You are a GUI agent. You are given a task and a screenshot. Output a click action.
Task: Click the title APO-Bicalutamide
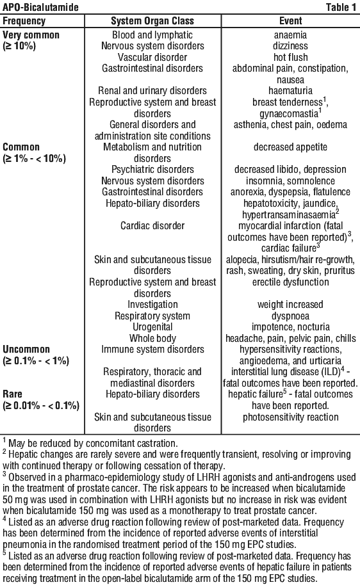pos(41,7)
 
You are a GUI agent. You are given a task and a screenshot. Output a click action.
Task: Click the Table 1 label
pos(341,7)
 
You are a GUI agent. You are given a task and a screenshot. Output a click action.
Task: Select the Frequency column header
pos(24,21)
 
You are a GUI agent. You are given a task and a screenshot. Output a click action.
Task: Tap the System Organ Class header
pos(152,21)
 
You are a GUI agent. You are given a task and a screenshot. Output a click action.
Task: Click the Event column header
pos(291,21)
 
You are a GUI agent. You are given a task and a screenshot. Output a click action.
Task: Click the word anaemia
pos(290,35)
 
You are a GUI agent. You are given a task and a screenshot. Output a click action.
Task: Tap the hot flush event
pos(291,57)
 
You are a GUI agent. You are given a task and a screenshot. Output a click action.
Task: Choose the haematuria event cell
pos(290,91)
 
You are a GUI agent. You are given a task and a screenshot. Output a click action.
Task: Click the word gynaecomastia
pos(288,113)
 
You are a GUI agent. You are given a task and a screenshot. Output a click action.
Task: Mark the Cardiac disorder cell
pos(152,226)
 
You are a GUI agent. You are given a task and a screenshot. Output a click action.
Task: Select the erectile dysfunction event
pos(291,282)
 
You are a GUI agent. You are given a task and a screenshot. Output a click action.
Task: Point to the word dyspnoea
pos(291,316)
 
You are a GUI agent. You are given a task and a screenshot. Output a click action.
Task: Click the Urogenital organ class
pos(152,327)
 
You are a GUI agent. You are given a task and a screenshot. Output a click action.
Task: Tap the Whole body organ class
pos(152,339)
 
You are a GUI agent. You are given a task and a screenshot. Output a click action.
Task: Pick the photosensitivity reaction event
pos(291,417)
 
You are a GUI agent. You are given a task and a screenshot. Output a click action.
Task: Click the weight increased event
pos(290,305)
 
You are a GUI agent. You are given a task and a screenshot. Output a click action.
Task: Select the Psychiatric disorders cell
pos(152,170)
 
